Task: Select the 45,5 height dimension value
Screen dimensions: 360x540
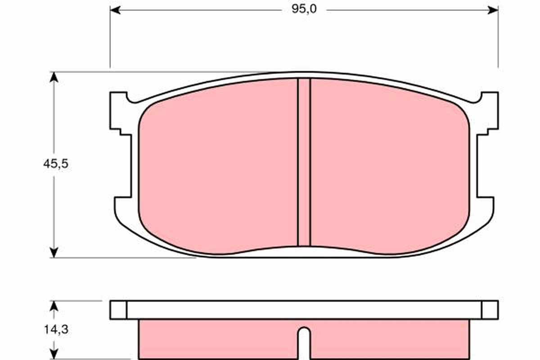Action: coord(55,164)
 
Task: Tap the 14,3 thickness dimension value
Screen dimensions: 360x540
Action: coord(55,330)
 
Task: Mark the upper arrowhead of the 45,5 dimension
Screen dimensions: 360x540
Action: coord(54,77)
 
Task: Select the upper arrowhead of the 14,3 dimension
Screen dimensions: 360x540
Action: coord(54,306)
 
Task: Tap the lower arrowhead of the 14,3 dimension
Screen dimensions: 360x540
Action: coord(54,355)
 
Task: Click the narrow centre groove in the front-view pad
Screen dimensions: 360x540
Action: coord(304,162)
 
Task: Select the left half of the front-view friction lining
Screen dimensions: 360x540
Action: coord(218,166)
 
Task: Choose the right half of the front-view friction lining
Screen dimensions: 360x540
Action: coord(389,166)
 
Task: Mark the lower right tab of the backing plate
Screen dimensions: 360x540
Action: coord(486,209)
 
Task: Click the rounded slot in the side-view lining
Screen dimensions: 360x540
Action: coord(304,342)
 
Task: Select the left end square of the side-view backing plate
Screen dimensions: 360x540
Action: coord(118,310)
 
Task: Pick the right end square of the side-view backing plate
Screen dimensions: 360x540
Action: coord(490,310)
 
